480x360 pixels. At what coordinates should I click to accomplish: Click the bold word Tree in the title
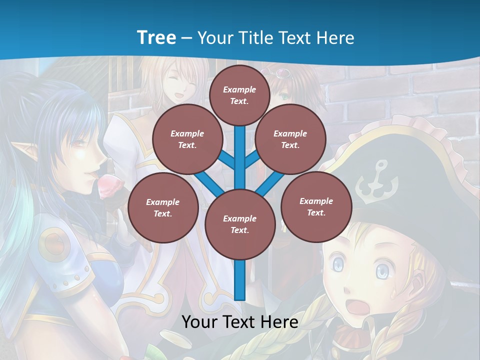(156, 37)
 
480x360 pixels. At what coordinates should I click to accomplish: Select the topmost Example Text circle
(239, 95)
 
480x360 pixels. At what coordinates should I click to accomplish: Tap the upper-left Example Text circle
(187, 139)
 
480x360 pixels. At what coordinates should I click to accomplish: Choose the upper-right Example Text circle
(290, 139)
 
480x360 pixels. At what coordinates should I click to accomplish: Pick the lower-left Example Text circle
(162, 207)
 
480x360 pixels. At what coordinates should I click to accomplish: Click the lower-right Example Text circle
(316, 206)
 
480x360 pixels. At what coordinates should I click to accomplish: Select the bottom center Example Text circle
(240, 224)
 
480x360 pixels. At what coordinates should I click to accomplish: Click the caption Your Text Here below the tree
(240, 321)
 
